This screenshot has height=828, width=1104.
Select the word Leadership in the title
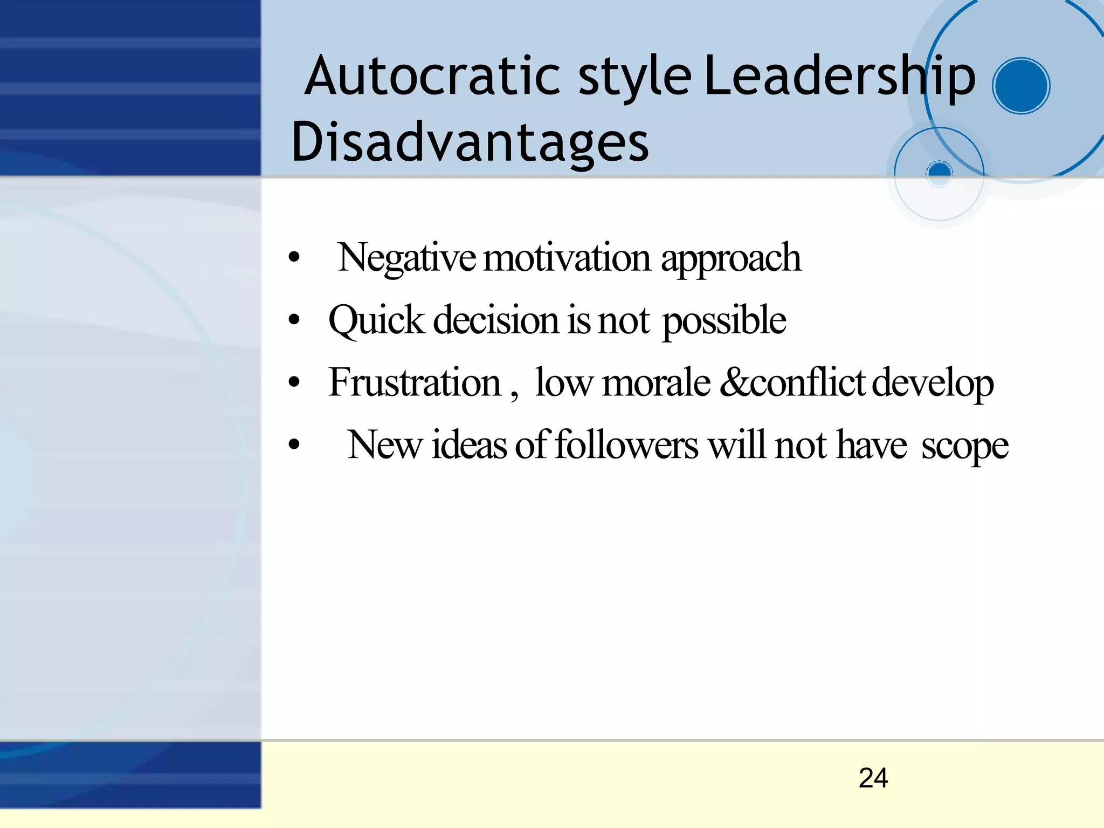(839, 77)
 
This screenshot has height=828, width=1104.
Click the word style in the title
(634, 77)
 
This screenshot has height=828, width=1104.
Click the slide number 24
(873, 778)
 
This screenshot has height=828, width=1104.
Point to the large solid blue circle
(1020, 86)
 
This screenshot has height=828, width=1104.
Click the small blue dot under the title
(940, 172)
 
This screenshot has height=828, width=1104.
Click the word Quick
(376, 320)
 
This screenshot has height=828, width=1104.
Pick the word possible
(724, 320)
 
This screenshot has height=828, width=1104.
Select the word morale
(656, 382)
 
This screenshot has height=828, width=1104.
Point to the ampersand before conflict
(734, 382)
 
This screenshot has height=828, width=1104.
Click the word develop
(932, 384)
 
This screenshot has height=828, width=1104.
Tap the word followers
(626, 446)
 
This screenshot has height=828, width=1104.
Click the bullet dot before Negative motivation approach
(294, 258)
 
